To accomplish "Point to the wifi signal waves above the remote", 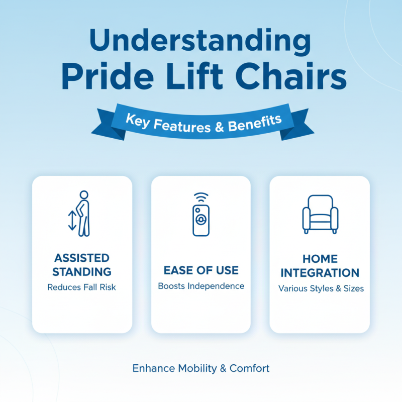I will pos(201,196).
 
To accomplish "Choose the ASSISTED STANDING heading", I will pos(82,265).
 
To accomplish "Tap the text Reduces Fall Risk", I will pos(82,287).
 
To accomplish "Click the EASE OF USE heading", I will pos(201,271).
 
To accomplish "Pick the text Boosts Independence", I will pos(201,286).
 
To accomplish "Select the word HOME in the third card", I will pos(320,259).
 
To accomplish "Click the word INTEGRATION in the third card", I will pos(320,273).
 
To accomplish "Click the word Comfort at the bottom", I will pos(250,368).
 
